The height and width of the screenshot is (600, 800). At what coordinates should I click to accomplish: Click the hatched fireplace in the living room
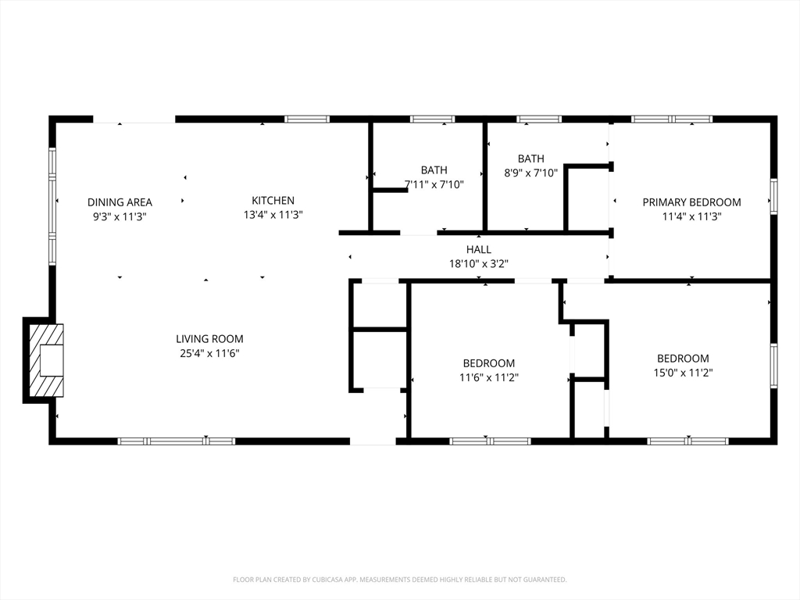pos(46,360)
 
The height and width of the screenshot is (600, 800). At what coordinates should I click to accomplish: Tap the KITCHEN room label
pos(273,201)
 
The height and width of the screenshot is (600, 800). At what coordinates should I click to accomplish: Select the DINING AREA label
pos(120,202)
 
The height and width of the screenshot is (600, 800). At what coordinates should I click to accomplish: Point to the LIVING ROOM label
pos(209,339)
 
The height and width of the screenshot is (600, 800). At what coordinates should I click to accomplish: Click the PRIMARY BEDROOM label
pos(692,202)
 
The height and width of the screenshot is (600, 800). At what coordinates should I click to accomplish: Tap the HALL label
pos(479,249)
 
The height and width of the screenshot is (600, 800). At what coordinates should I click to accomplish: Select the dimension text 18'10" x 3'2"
pos(479,264)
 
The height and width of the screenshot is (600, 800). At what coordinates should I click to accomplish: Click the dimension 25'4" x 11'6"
pos(209,353)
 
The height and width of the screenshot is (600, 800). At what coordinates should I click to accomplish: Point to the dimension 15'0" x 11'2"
pos(683,373)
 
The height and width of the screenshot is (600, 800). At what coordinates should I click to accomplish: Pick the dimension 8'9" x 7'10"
pos(531,173)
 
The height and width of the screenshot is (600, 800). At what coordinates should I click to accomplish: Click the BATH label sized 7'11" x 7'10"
pos(434,170)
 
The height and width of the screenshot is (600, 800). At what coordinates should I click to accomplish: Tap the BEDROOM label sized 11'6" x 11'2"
pos(489,363)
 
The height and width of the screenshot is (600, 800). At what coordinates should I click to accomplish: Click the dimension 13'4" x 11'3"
pos(273,215)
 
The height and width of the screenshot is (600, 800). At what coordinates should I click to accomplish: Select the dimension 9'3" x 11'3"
pos(120,217)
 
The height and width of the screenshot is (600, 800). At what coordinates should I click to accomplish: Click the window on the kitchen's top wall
pos(306,120)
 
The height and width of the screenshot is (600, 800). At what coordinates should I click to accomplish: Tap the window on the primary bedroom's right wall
pos(774,196)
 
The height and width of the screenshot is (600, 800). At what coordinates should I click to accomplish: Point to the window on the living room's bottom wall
pos(177,441)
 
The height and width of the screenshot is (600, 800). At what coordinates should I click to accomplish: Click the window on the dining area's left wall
pos(52,206)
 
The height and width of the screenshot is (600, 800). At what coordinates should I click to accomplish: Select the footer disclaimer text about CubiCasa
pos(400,580)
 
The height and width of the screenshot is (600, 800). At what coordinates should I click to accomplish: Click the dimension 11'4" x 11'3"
pos(692,216)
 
